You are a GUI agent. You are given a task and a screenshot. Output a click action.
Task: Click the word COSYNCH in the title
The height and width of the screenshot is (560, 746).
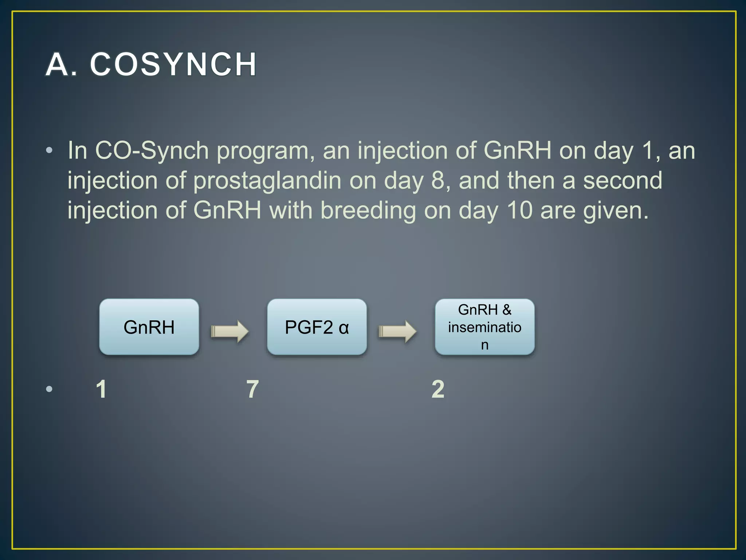point(173,65)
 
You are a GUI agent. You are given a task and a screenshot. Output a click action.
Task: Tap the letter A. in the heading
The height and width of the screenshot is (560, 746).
point(61,65)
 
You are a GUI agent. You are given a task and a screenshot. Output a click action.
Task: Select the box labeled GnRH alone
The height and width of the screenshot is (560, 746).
point(149,327)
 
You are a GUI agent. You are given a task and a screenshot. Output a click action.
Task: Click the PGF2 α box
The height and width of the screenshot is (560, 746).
point(317,327)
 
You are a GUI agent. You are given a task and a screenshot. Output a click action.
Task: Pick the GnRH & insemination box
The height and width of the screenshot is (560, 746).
point(484,327)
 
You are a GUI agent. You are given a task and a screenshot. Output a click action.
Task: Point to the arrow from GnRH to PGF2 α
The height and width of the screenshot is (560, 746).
point(230,331)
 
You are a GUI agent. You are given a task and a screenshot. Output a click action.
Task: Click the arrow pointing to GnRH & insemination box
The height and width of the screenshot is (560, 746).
point(397,331)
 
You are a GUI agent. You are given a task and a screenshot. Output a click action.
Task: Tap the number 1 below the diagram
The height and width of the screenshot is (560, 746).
point(101,389)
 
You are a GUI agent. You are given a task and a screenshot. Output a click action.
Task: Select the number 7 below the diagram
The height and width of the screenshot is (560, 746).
point(252,389)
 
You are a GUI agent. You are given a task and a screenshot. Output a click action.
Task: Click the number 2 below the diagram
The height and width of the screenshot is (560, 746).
point(438,389)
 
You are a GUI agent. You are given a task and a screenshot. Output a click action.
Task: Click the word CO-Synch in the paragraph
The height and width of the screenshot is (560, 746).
point(152,150)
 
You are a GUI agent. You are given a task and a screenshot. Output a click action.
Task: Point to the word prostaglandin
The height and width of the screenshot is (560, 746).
point(267,180)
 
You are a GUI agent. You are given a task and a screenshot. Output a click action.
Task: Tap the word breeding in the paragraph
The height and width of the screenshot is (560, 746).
point(368,210)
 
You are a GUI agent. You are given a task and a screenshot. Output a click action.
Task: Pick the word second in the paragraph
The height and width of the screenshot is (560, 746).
point(622,180)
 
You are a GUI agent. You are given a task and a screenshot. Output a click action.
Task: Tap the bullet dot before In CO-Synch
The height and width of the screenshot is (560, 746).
point(50,150)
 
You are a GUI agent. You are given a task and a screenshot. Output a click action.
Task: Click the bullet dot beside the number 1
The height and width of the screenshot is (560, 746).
point(50,389)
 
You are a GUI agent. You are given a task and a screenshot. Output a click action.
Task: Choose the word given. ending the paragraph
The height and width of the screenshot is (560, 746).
point(616,211)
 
